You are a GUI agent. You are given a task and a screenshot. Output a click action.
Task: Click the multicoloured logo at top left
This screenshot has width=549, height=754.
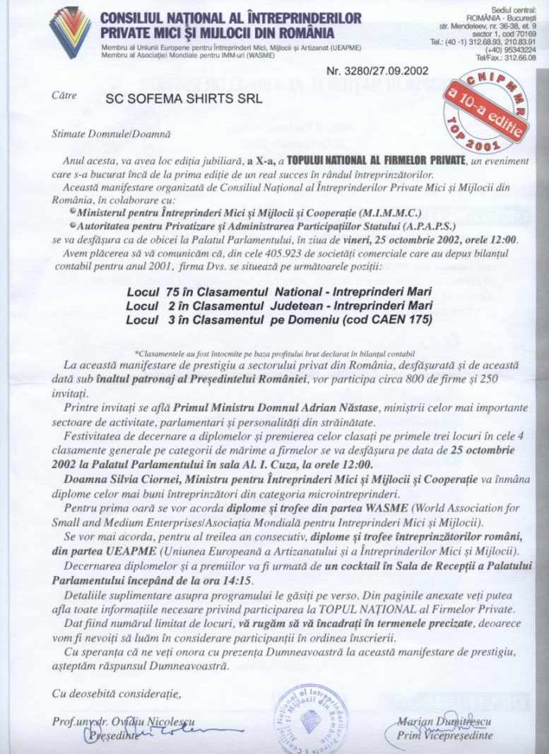pyautogui.click(x=70, y=32)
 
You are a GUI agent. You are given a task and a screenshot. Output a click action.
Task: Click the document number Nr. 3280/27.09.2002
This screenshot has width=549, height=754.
pyautogui.click(x=377, y=71)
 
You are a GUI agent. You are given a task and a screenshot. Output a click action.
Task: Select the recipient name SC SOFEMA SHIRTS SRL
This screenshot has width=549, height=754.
pyautogui.click(x=184, y=99)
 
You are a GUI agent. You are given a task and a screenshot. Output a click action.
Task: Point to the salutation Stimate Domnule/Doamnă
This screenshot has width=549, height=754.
pyautogui.click(x=110, y=132)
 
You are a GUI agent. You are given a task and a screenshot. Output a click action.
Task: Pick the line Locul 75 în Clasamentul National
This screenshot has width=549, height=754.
pyautogui.click(x=276, y=292)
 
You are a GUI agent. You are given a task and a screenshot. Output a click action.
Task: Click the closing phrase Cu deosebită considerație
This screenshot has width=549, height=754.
pyautogui.click(x=117, y=694)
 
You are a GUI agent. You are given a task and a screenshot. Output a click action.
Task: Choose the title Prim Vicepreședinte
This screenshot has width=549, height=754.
pyautogui.click(x=444, y=736)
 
